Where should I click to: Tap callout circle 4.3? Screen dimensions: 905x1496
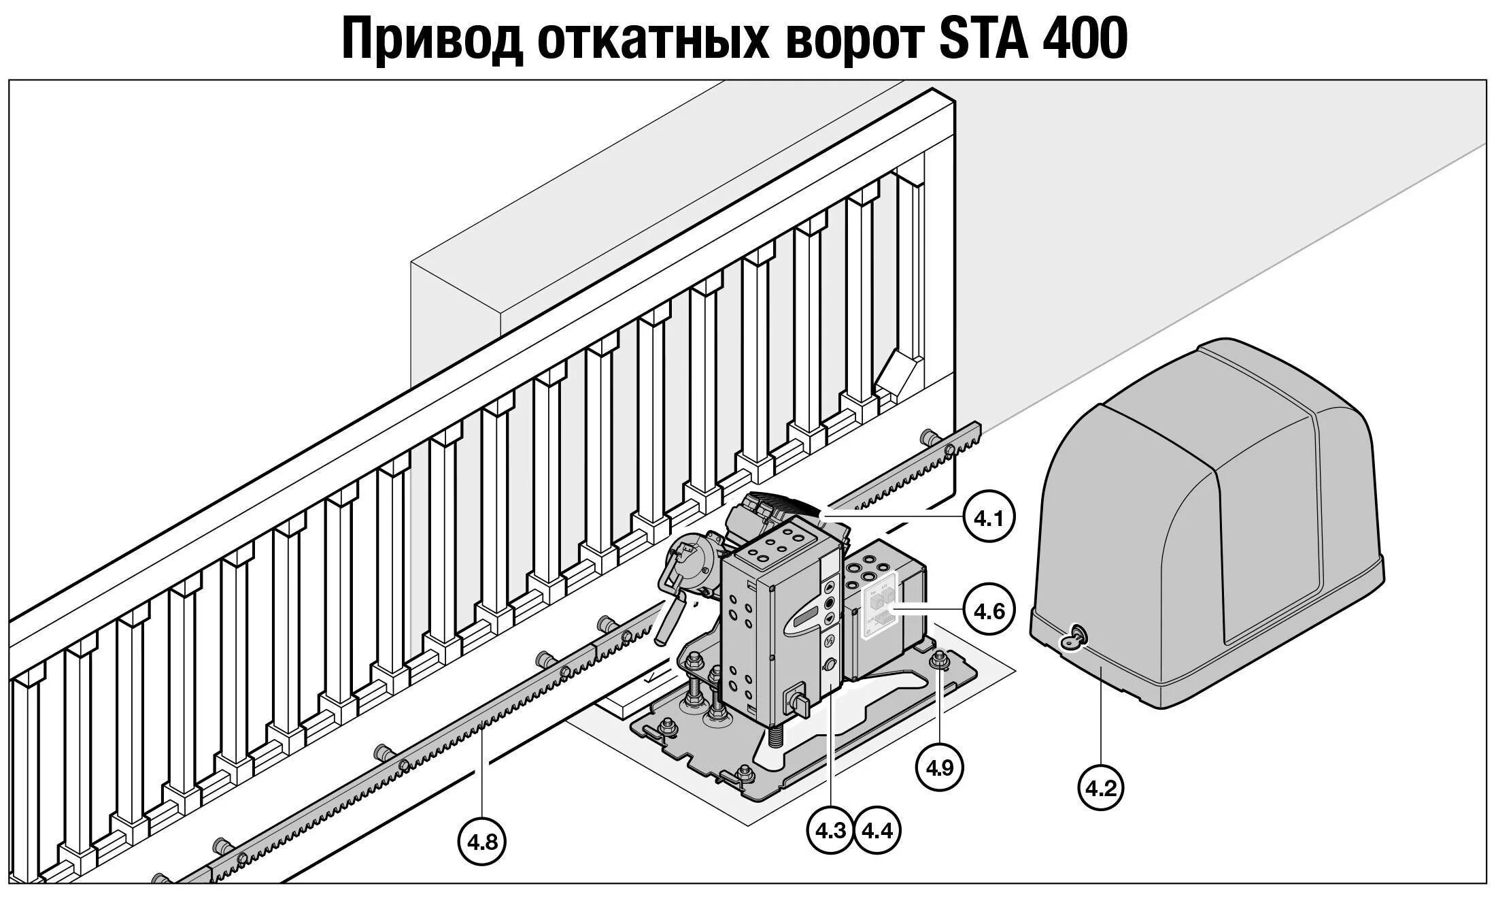[x=830, y=830]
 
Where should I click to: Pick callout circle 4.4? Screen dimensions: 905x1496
[x=877, y=830]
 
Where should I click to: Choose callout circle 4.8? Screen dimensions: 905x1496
[x=482, y=842]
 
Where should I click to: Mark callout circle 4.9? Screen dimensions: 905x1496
[x=940, y=768]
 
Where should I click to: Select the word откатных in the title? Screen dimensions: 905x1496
[x=653, y=39]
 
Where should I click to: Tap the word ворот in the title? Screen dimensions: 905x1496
[x=853, y=39]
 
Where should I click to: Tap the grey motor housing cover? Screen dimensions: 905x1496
[x=1210, y=517]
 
